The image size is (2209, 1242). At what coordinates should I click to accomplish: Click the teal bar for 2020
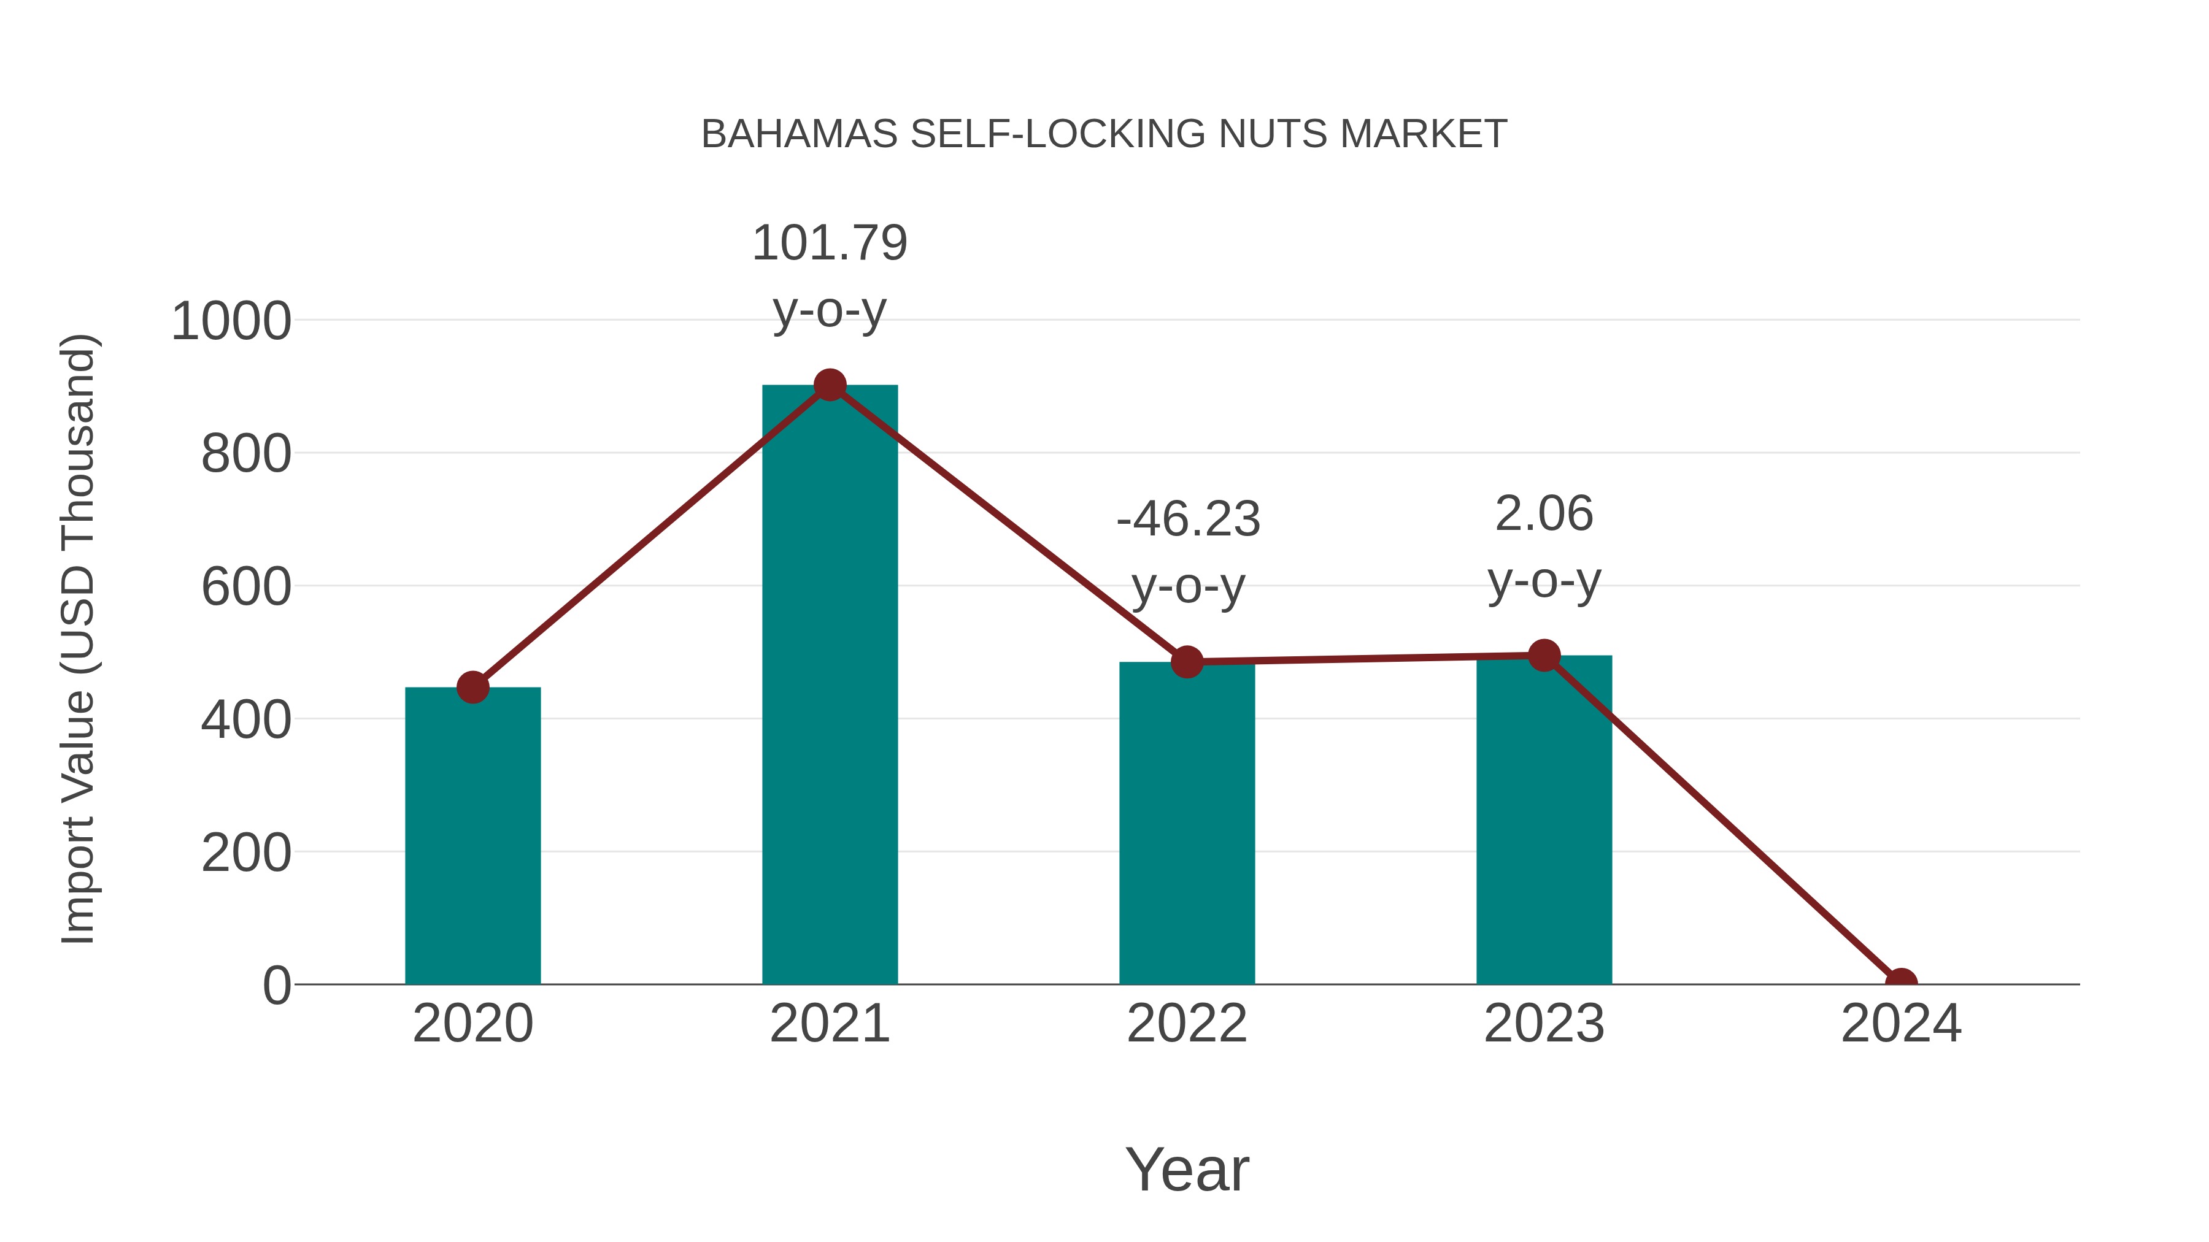tap(472, 836)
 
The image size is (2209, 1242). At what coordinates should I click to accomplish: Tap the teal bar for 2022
tap(1187, 823)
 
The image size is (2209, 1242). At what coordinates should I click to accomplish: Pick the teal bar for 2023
tap(1544, 819)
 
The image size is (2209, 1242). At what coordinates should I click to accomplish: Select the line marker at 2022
tap(1187, 662)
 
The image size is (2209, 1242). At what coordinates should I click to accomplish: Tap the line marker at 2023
tap(1544, 656)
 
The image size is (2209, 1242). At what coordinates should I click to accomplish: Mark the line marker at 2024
tap(1901, 983)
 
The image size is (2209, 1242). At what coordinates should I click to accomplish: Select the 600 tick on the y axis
tap(246, 588)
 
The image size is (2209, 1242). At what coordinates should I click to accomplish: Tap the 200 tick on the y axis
tap(246, 854)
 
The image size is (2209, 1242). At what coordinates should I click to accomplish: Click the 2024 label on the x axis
tap(1901, 1024)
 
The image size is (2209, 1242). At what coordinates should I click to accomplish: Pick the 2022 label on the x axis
tap(1187, 1024)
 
